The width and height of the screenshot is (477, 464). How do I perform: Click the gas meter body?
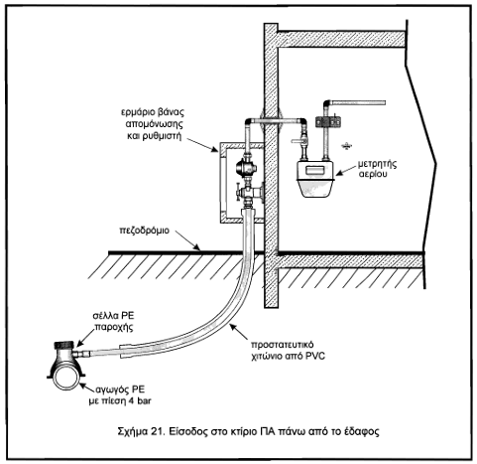[x=315, y=179]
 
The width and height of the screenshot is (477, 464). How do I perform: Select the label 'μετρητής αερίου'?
[x=377, y=169]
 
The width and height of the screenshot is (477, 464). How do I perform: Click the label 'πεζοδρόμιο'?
[x=144, y=231]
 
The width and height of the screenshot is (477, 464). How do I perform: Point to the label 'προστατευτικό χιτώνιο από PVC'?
[x=288, y=351]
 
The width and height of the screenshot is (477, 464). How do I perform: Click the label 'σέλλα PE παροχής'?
[x=114, y=321]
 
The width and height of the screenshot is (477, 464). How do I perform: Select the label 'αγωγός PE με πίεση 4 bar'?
[x=120, y=395]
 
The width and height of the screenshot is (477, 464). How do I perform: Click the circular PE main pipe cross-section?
[x=66, y=377]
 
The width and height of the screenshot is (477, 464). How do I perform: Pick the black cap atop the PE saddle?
[x=65, y=346]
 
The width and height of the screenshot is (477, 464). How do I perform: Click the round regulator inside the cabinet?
[x=246, y=168]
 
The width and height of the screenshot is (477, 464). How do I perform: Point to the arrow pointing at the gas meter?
[x=346, y=170]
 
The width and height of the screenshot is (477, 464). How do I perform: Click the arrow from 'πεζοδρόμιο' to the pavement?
[x=187, y=240]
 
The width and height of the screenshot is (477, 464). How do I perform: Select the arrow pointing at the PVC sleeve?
[x=239, y=331]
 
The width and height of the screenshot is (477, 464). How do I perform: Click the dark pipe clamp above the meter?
[x=328, y=122]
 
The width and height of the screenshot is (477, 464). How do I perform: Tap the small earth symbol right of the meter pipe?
[x=346, y=146]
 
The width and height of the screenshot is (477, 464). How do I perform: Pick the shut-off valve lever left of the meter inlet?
[x=298, y=141]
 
